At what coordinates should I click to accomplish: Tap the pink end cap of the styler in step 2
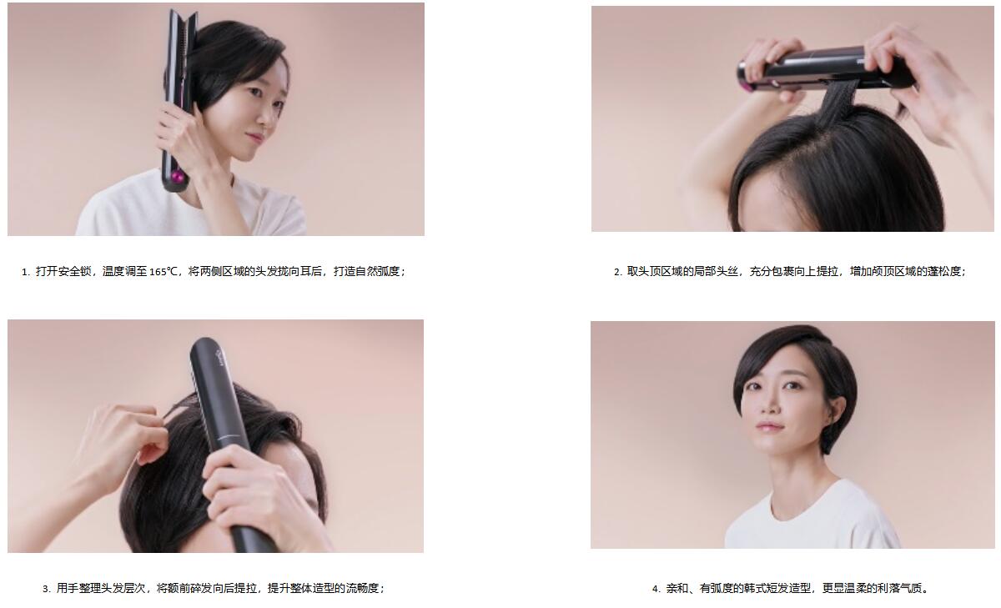pos(745,84)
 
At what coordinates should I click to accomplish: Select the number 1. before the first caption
pos(26,272)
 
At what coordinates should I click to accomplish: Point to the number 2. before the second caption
pos(618,272)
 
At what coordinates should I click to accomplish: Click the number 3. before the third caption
pos(47,589)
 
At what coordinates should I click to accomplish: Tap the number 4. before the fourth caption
pos(656,589)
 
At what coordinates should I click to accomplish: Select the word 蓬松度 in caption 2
pos(943,272)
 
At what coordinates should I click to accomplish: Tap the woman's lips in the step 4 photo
pos(769,425)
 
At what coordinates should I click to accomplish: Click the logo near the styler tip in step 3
pos(219,358)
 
